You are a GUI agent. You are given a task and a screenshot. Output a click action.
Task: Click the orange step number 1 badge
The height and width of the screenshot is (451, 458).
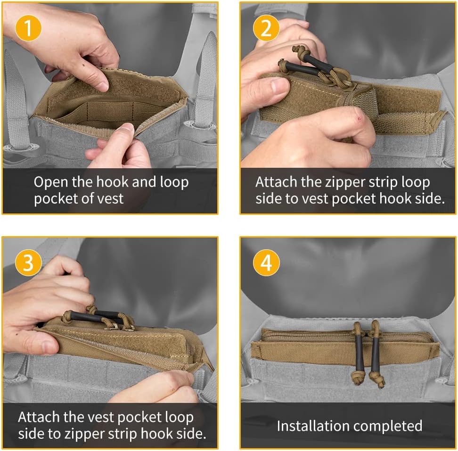click(x=28, y=28)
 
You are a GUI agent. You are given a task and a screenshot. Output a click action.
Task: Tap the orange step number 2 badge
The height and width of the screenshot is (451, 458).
click(x=266, y=28)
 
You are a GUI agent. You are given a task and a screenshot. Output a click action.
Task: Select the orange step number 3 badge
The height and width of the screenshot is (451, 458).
click(x=28, y=262)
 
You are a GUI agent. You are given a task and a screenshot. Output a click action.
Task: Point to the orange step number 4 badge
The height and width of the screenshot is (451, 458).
click(x=266, y=262)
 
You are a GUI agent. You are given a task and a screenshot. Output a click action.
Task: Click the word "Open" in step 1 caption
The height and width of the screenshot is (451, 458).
click(x=51, y=182)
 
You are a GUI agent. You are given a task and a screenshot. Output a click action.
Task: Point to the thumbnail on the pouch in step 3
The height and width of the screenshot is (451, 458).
click(x=49, y=347)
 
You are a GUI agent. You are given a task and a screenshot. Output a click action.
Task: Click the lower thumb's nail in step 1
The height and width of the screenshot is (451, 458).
click(x=128, y=129)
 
